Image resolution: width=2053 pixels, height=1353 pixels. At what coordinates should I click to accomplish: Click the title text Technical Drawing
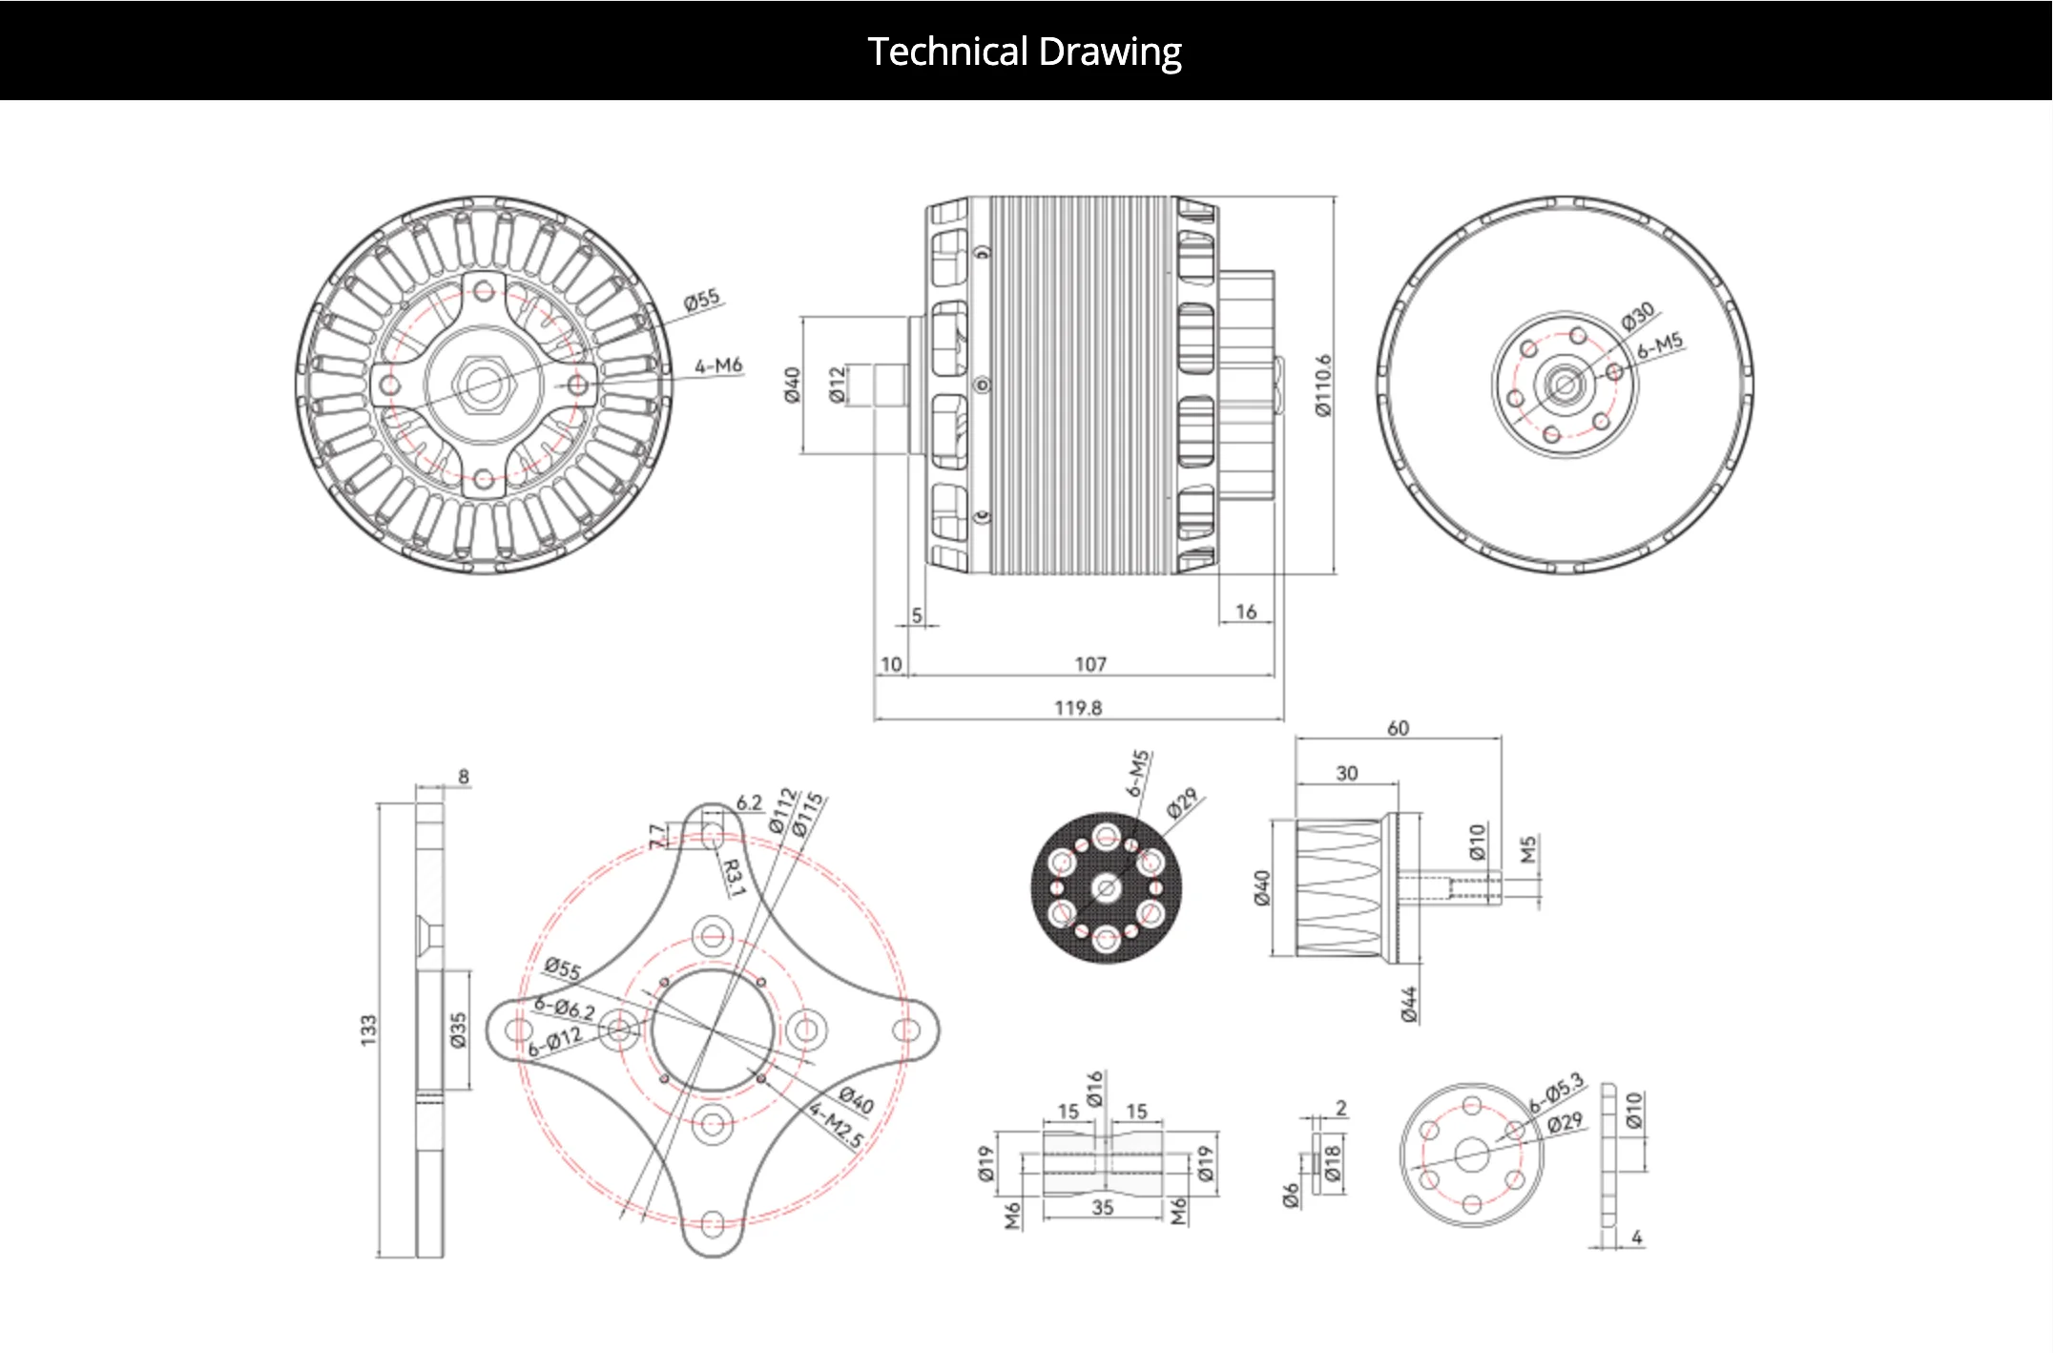pos(1025,52)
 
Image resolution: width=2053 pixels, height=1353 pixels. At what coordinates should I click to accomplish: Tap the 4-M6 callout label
pos(718,365)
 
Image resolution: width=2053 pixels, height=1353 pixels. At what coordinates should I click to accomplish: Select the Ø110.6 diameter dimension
pos(1322,385)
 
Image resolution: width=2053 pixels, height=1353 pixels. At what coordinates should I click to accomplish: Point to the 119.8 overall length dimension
pos(1078,707)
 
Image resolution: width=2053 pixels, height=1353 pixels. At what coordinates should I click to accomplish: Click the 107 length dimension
pos(1090,664)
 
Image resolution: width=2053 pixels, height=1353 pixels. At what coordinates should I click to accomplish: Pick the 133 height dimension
pos(368,1030)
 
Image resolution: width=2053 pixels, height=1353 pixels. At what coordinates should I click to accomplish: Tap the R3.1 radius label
pos(732,878)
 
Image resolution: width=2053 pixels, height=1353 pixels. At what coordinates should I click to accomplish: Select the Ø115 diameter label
pos(808,814)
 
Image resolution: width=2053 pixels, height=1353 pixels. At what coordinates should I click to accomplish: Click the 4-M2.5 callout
pos(837,1124)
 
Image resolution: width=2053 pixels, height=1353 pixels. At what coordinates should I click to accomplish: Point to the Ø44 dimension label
pos(1409,1005)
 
